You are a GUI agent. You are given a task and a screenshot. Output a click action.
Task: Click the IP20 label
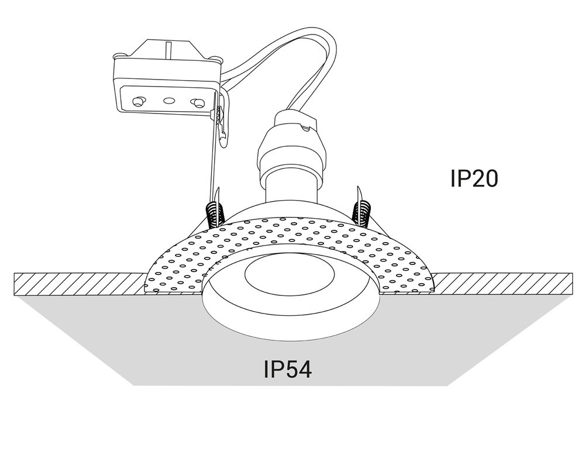(x=474, y=178)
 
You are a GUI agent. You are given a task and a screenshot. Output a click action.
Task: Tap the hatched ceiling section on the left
(x=76, y=284)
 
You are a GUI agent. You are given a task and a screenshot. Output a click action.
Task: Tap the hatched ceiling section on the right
(x=503, y=284)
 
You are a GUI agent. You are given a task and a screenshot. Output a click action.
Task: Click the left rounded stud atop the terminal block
(x=119, y=56)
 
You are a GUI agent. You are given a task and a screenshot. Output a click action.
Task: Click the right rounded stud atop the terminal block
(x=217, y=58)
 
